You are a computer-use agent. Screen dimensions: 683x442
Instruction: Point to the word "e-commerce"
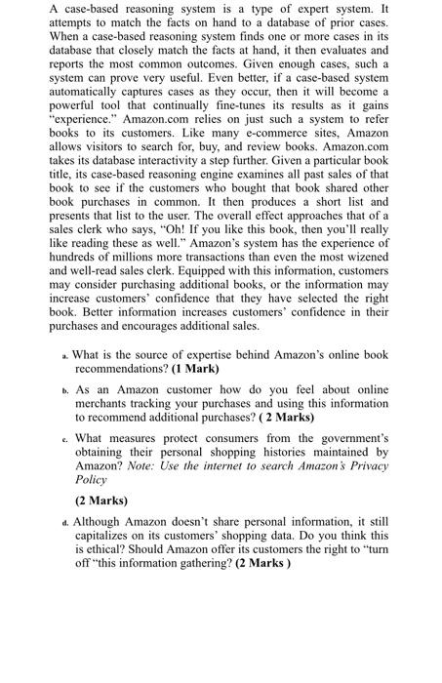click(x=257, y=158)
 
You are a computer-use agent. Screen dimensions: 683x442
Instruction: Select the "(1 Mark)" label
click(x=195, y=370)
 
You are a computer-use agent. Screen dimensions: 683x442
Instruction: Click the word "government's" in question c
click(x=347, y=438)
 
